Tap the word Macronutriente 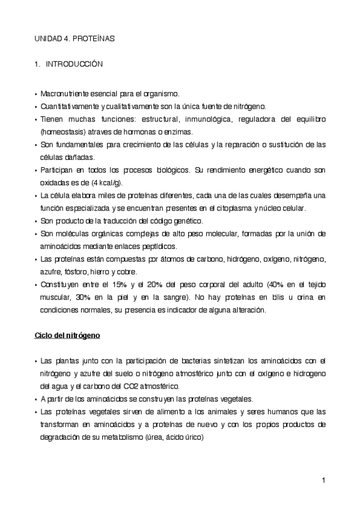coord(64,94)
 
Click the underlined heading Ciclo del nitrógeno coord(67,335)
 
